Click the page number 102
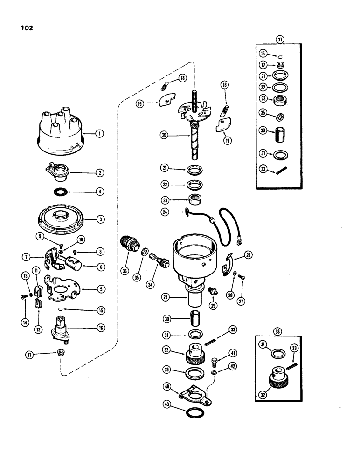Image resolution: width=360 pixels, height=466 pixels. point(26,27)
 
